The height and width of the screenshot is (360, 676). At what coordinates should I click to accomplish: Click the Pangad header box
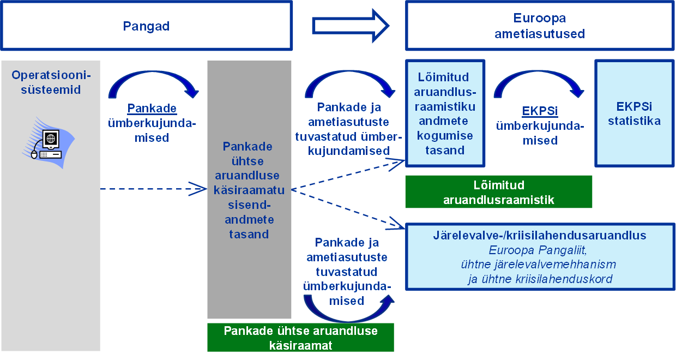146,26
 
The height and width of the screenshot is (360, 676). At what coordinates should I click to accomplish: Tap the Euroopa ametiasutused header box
539,26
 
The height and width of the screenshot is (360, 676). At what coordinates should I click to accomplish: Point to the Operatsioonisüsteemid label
51,82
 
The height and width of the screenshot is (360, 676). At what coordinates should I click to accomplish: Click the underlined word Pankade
152,107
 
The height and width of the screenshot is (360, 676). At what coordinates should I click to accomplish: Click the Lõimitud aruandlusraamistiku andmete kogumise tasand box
445,113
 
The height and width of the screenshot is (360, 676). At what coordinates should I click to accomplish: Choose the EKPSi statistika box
634,113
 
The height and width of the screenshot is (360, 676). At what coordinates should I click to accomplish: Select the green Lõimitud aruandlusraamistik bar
498,192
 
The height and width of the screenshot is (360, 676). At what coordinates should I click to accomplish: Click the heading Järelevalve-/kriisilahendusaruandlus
539,235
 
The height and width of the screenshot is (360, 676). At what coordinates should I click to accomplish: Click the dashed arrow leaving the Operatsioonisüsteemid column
153,190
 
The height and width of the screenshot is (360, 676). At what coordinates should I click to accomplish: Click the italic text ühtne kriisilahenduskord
540,279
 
